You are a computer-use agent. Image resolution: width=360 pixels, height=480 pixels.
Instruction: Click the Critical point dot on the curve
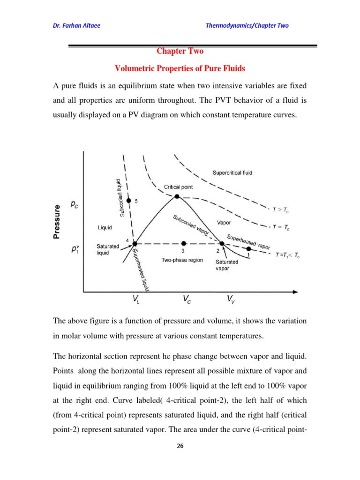177,197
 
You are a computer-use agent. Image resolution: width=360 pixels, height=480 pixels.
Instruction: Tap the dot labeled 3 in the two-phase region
184,243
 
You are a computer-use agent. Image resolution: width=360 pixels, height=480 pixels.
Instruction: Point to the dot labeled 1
248,249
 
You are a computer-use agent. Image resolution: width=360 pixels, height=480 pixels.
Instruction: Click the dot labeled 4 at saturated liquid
135,244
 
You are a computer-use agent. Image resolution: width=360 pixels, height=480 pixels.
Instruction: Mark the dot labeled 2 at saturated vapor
222,243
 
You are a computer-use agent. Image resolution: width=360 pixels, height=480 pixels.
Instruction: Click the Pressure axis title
58,222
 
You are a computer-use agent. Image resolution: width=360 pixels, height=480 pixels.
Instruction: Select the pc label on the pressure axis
75,205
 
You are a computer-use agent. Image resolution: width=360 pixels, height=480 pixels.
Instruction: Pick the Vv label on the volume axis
231,300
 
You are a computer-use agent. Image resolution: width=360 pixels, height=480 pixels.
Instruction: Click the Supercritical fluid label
232,172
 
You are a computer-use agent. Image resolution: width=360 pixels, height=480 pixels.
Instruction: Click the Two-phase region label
182,260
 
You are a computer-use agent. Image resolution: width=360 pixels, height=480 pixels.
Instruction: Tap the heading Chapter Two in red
180,52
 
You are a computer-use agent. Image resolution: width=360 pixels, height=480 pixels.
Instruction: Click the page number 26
180,446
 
